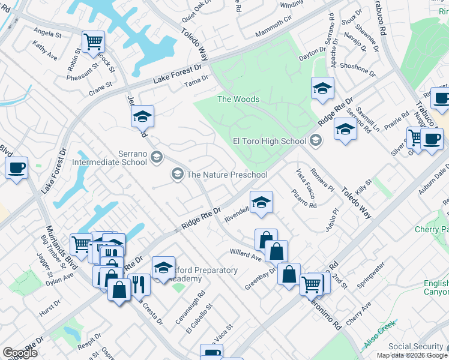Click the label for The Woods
[x=238, y=99]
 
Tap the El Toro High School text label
[x=270, y=142]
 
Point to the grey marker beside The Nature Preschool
[x=177, y=175]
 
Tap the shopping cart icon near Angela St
[x=93, y=41]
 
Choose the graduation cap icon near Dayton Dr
[x=322, y=88]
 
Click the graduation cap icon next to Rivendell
[x=261, y=202]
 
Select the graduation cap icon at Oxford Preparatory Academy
[x=163, y=267]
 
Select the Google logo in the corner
[x=20, y=352]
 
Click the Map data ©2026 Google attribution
[x=411, y=355]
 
